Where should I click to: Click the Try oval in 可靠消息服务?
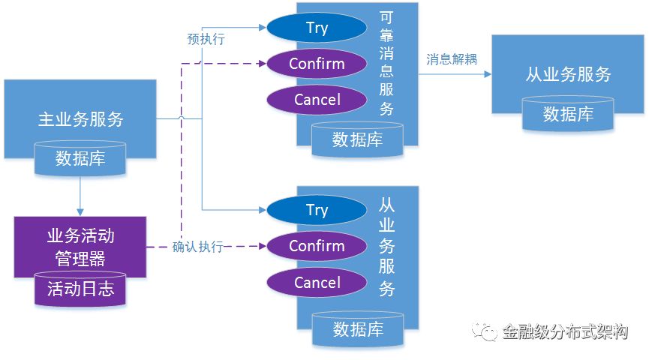(x=317, y=28)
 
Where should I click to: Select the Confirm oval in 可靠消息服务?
(x=317, y=64)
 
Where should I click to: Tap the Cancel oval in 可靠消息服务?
(x=317, y=100)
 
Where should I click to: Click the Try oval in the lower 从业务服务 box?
(x=317, y=210)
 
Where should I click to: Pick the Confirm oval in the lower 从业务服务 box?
(x=317, y=246)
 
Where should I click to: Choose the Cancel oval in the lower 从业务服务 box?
(x=317, y=283)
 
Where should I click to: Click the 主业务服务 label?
(x=81, y=119)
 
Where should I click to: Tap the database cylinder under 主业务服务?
(x=80, y=158)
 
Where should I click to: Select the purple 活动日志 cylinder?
(x=80, y=289)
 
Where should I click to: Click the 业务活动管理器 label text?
(x=80, y=247)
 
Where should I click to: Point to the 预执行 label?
(x=206, y=39)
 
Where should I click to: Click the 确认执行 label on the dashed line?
(x=198, y=247)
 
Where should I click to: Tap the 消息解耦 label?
(x=452, y=59)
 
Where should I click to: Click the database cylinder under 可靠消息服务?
(x=357, y=139)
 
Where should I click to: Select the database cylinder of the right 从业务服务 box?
(x=568, y=114)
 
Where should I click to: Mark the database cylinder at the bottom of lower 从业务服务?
(x=358, y=329)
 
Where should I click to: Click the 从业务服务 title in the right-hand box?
(x=568, y=74)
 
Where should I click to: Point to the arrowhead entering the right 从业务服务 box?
(x=488, y=74)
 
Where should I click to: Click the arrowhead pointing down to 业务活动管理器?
(x=80, y=212)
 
